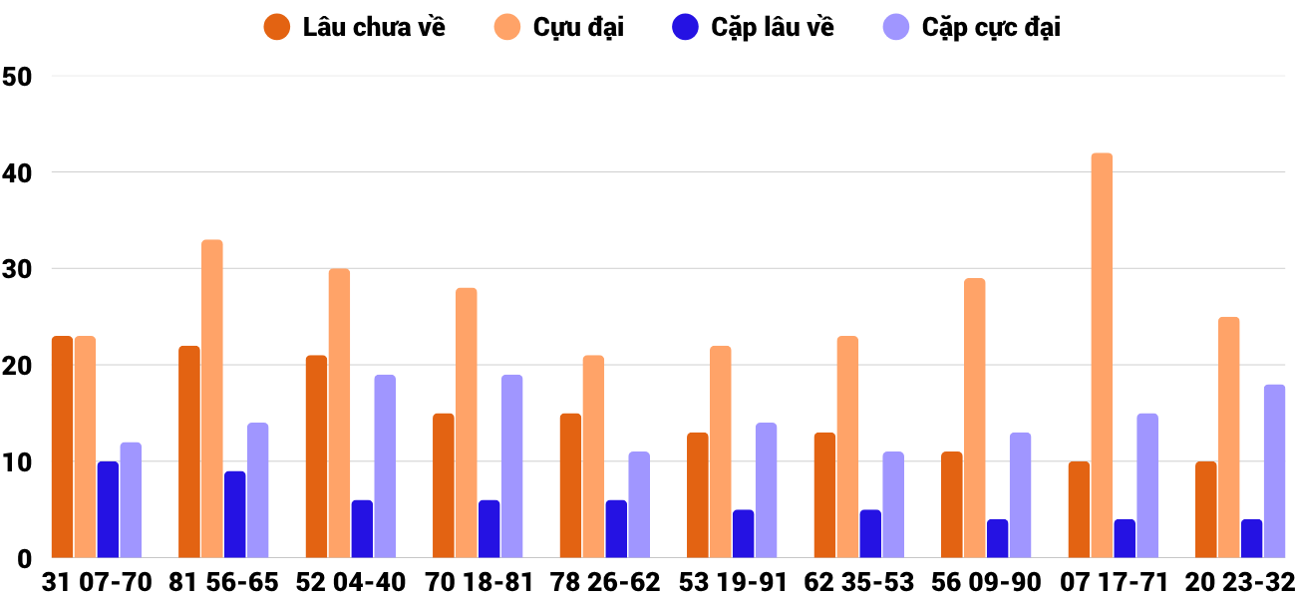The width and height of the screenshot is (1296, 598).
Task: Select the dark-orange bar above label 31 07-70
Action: click(62, 448)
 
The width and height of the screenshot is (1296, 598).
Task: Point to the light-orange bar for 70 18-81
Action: click(467, 423)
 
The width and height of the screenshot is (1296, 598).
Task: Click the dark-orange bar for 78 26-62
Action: click(570, 486)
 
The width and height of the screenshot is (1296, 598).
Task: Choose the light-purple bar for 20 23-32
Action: click(1275, 471)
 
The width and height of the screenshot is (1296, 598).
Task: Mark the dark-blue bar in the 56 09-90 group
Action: click(997, 539)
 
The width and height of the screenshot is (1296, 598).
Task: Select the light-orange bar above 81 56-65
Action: click(212, 399)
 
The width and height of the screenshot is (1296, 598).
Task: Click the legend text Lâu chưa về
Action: click(374, 28)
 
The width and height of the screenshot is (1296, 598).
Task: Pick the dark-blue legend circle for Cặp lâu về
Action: click(685, 28)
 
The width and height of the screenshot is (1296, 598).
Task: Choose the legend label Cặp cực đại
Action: click(991, 28)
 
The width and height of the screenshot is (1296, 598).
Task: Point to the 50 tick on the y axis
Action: click(18, 77)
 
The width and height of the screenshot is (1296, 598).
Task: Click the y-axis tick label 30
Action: click(18, 269)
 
